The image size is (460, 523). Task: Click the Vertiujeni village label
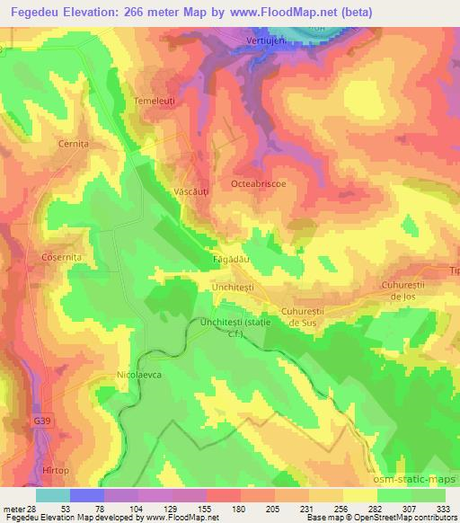(x=267, y=43)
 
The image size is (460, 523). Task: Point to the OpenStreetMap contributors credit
(x=404, y=518)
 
